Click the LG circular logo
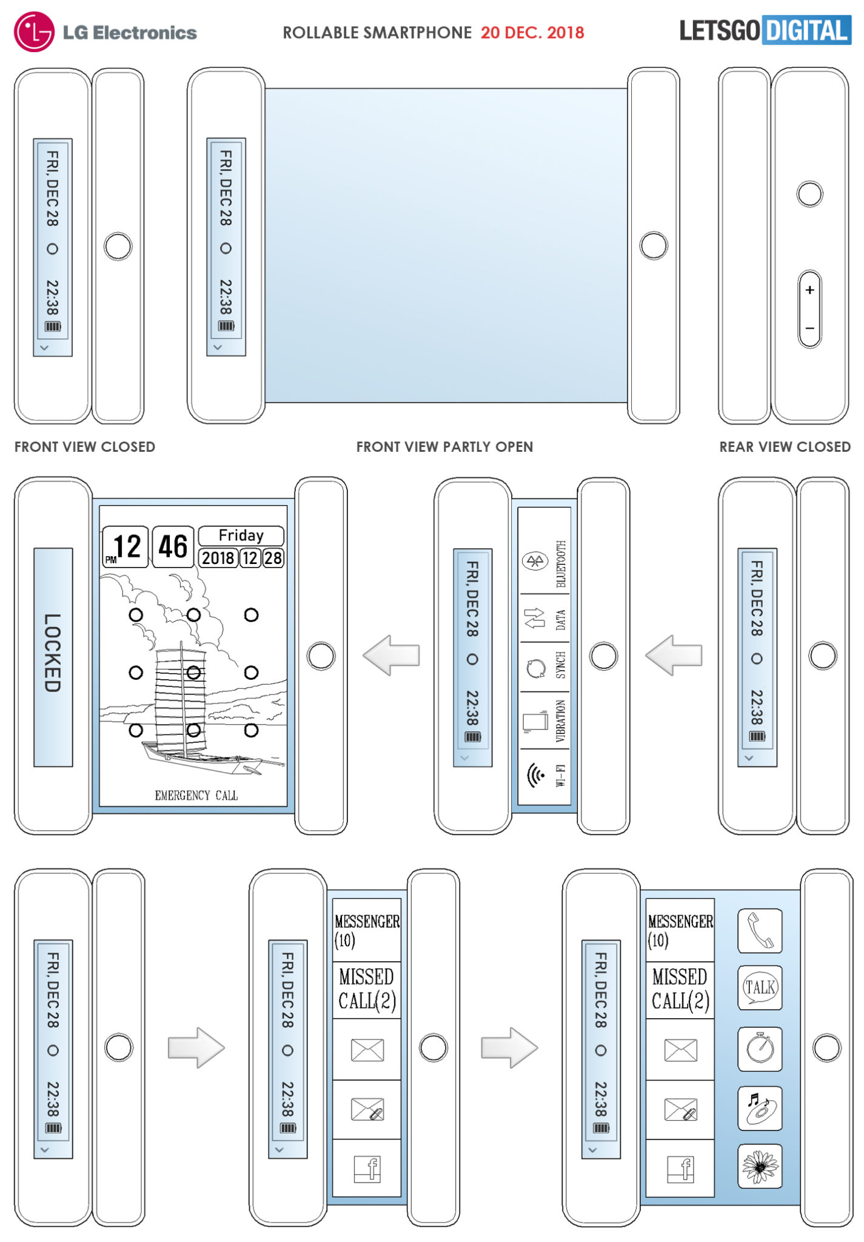35,32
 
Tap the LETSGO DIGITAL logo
765,30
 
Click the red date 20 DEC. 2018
532,33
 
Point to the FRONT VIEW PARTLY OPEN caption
444,447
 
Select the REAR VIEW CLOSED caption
785,447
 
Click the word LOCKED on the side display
53,653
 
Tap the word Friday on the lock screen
241,535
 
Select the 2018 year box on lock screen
218,558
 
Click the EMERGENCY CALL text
196,796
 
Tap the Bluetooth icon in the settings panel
535,561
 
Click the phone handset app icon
760,931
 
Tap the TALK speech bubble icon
760,988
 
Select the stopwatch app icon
760,1048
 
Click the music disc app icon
760,1108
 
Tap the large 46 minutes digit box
173,547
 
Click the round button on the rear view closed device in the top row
809,194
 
